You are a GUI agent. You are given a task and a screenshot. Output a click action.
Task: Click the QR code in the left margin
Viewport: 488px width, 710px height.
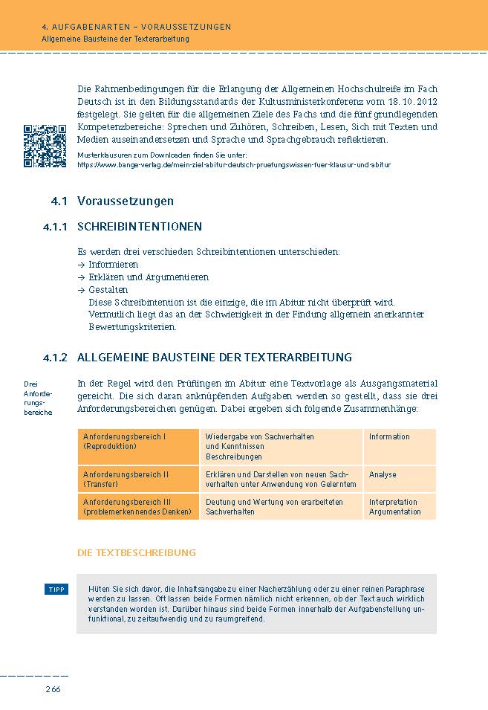(45, 146)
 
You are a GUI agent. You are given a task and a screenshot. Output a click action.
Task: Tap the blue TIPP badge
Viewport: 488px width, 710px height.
(56, 590)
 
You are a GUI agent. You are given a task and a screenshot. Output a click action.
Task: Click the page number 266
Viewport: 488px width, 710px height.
(52, 689)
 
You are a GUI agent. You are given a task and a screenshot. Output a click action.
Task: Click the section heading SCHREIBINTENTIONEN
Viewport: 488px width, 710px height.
(140, 227)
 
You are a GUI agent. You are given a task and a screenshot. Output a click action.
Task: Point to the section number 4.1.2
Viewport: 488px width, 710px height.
(55, 357)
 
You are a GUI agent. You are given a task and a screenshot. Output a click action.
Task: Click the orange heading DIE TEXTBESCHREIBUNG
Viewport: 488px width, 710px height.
(136, 552)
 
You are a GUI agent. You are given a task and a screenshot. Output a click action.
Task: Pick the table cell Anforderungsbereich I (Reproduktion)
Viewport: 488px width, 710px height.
(138, 446)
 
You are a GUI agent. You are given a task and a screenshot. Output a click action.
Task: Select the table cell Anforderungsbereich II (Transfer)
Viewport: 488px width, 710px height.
(138, 480)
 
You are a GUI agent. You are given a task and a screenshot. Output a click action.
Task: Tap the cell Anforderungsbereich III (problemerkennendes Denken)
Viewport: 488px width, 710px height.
(138, 507)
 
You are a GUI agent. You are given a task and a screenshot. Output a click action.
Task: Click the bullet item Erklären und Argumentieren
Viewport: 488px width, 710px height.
(148, 277)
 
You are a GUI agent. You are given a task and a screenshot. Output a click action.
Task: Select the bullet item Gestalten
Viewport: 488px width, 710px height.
(108, 290)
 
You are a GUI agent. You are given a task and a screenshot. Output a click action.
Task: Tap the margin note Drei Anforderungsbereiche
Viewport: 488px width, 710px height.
(38, 398)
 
